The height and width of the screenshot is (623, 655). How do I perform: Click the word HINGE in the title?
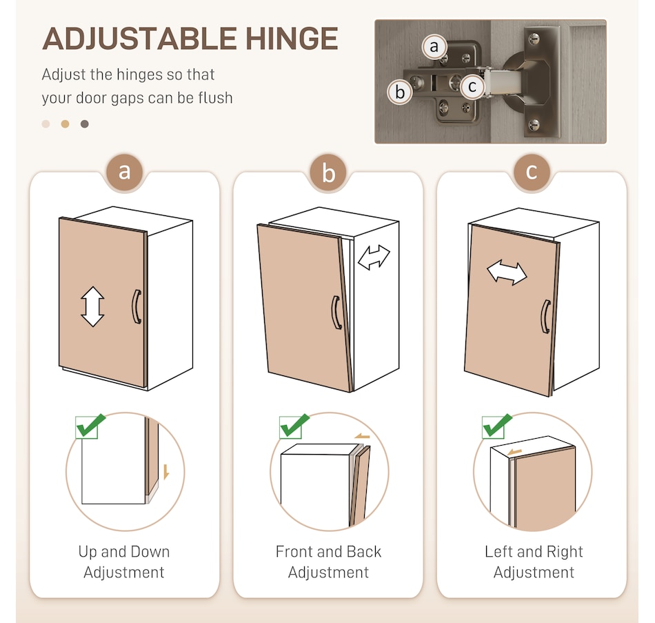pyautogui.click(x=292, y=39)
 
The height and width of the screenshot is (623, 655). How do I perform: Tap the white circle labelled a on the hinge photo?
pyautogui.click(x=434, y=46)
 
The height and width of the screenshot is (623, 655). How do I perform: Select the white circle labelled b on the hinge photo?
pyautogui.click(x=400, y=92)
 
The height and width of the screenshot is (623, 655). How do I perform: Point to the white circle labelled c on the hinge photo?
pyautogui.click(x=472, y=86)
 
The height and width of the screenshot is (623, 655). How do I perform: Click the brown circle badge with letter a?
pyautogui.click(x=124, y=172)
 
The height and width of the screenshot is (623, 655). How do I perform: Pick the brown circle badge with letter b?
pyautogui.click(x=328, y=172)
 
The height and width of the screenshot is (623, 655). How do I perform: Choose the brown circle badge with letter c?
pyautogui.click(x=532, y=172)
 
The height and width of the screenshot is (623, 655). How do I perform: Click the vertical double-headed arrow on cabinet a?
pyautogui.click(x=92, y=306)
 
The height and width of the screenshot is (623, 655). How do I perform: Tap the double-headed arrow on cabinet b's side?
pyautogui.click(x=374, y=257)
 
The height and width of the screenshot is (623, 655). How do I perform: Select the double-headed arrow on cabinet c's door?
pyautogui.click(x=507, y=273)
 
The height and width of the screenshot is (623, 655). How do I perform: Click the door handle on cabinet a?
pyautogui.click(x=137, y=306)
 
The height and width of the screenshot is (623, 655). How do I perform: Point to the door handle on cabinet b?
pyautogui.click(x=336, y=313)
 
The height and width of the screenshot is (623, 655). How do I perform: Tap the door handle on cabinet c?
pyautogui.click(x=545, y=317)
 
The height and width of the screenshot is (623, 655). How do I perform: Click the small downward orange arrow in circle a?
pyautogui.click(x=166, y=472)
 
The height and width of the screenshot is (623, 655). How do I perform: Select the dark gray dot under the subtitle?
pyautogui.click(x=84, y=124)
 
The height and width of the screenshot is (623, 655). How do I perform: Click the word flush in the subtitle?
pyautogui.click(x=216, y=97)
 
